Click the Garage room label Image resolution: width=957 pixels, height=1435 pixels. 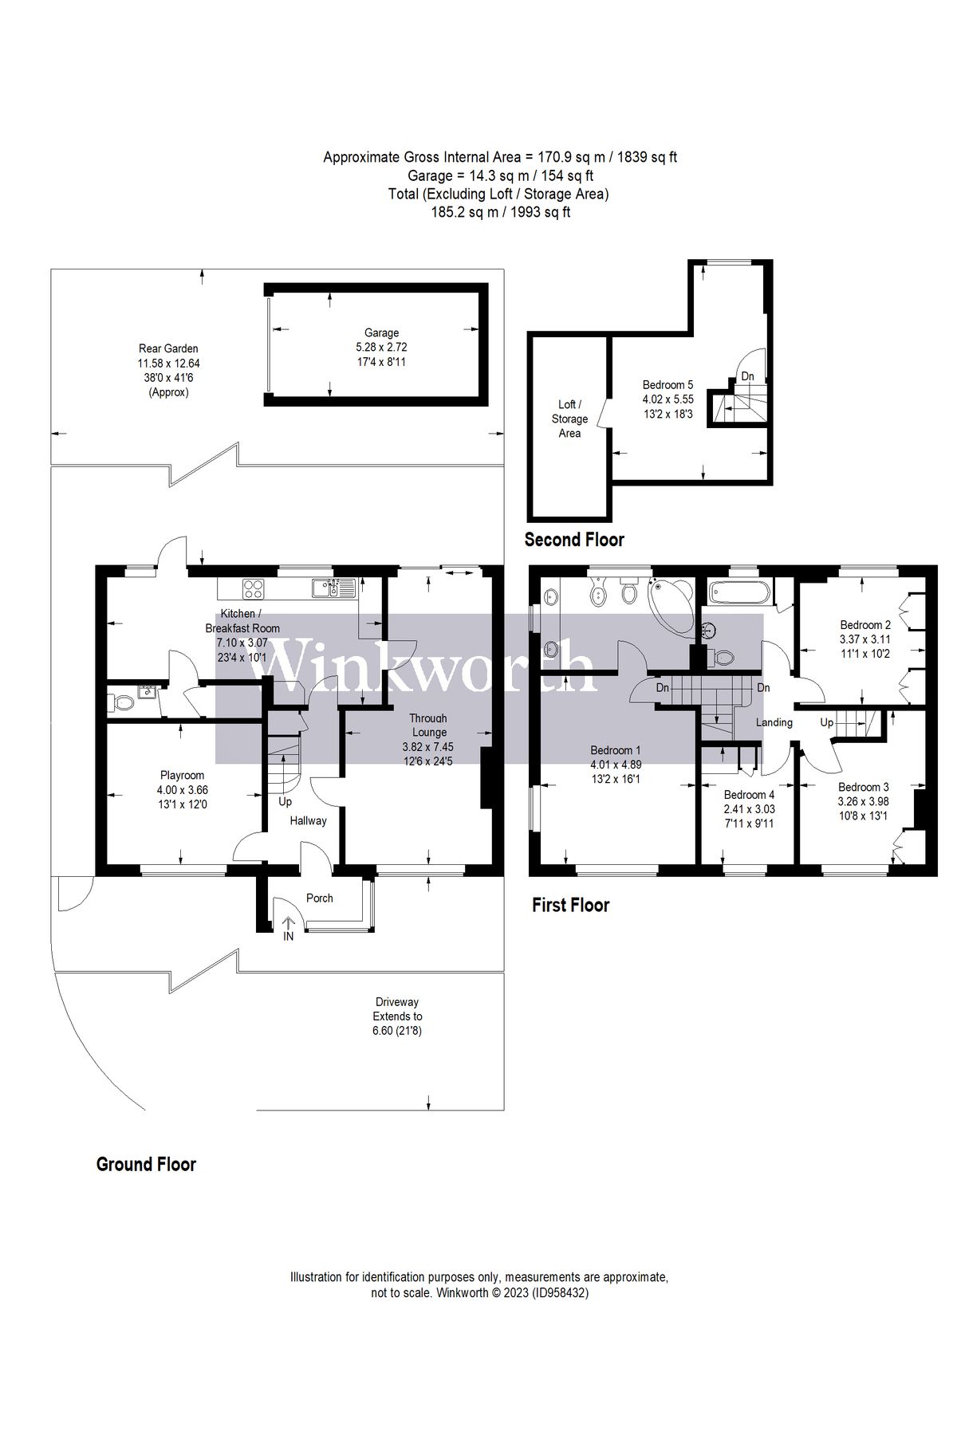pyautogui.click(x=382, y=332)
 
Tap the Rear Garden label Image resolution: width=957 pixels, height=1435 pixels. pyautogui.click(x=167, y=348)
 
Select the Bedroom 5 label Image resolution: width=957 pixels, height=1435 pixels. pyautogui.click(x=668, y=384)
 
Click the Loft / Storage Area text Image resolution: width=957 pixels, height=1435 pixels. pyautogui.click(x=569, y=419)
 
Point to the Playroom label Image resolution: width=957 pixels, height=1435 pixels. pyautogui.click(x=182, y=775)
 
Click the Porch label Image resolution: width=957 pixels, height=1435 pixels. pyautogui.click(x=320, y=898)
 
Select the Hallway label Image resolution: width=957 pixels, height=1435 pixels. pyautogui.click(x=308, y=820)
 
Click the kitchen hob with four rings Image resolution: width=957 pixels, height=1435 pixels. pyautogui.click(x=254, y=589)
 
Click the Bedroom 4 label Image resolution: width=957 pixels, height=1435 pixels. pyautogui.click(x=749, y=794)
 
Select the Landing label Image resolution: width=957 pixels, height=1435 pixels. pyautogui.click(x=774, y=722)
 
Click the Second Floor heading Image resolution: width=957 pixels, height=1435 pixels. pyautogui.click(x=574, y=540)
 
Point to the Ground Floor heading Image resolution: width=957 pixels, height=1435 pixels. pyautogui.click(x=146, y=1164)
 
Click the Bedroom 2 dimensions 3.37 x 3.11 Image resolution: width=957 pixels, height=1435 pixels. pyautogui.click(x=865, y=639)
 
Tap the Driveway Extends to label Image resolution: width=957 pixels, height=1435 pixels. pyautogui.click(x=397, y=1009)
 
